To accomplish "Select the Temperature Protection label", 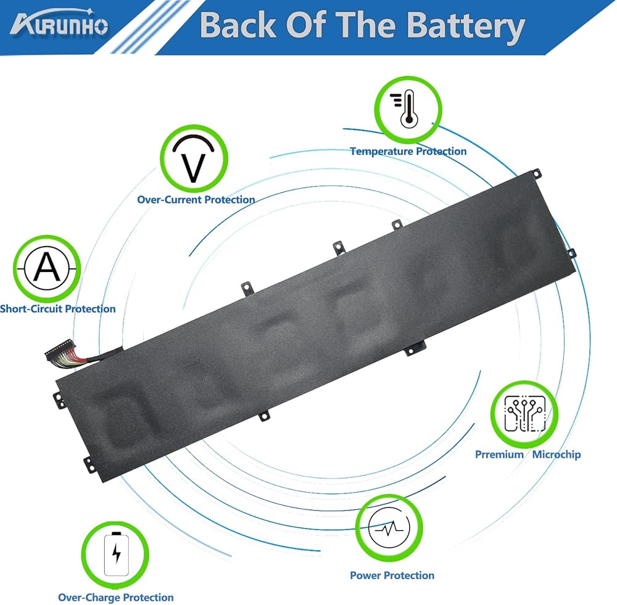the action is point(408,151).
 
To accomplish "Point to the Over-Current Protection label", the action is point(196,199).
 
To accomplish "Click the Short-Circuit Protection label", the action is point(58,308).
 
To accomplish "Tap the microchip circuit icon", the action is point(524,413).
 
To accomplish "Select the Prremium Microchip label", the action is point(528,455).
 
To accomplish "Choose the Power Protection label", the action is point(392,575).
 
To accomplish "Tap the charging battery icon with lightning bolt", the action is point(115,553).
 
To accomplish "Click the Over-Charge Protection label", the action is point(115,597).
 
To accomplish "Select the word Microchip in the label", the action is point(557,455).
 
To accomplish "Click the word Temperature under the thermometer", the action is point(381,151).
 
